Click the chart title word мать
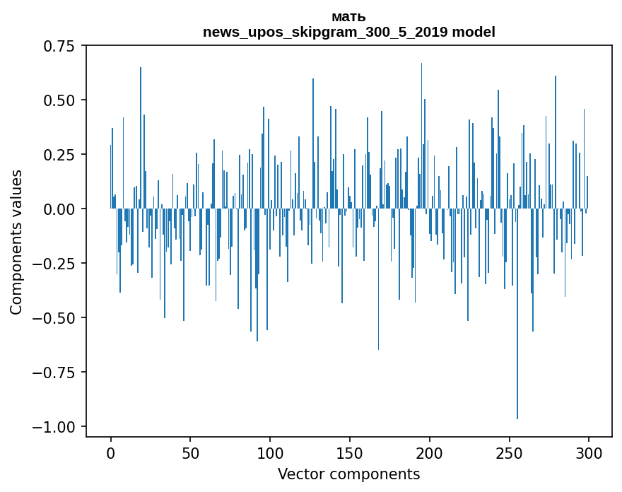[x=348, y=17]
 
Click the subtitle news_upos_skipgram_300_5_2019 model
[x=348, y=32]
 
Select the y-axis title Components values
[x=16, y=241]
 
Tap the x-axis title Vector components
[x=348, y=474]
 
